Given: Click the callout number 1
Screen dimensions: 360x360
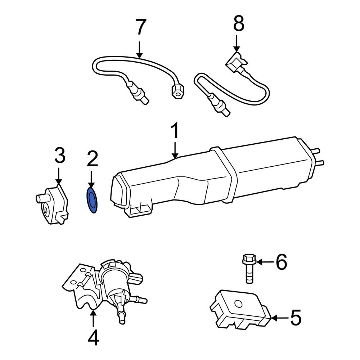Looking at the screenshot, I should coord(175,132).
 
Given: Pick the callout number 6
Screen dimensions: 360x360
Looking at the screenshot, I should coord(281,262).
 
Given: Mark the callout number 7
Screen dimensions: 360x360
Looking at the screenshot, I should coord(140,28).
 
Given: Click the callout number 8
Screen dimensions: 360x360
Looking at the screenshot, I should coord(238,24).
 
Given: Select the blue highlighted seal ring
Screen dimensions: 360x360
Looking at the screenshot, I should coord(93,200).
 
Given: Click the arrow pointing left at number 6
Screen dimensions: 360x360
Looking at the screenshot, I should coord(265,262).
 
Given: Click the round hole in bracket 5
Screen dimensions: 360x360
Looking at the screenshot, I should coord(238,303).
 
